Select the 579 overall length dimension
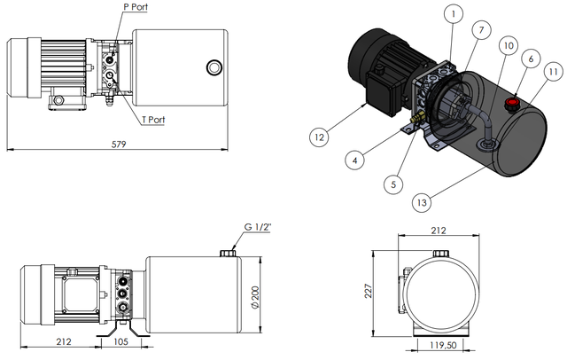119,142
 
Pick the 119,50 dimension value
443,346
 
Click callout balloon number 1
452,13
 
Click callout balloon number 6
531,58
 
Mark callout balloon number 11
552,72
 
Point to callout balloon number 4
353,160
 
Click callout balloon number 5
394,184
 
